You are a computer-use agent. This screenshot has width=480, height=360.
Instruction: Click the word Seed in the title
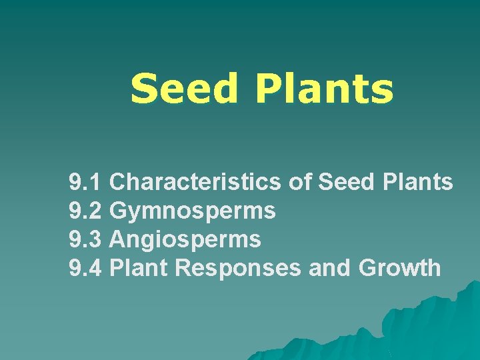183,89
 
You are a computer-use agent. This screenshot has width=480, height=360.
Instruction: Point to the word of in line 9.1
301,181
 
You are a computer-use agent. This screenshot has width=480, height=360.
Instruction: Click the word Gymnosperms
192,211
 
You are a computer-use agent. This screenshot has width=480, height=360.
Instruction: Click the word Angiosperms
185,239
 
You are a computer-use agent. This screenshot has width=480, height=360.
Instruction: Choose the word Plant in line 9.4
138,267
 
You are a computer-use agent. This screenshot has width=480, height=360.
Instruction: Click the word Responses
238,268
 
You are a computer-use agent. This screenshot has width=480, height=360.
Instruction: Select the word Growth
399,267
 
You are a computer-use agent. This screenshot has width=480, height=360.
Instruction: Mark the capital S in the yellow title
144,89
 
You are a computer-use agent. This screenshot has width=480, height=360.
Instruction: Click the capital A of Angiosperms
117,239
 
